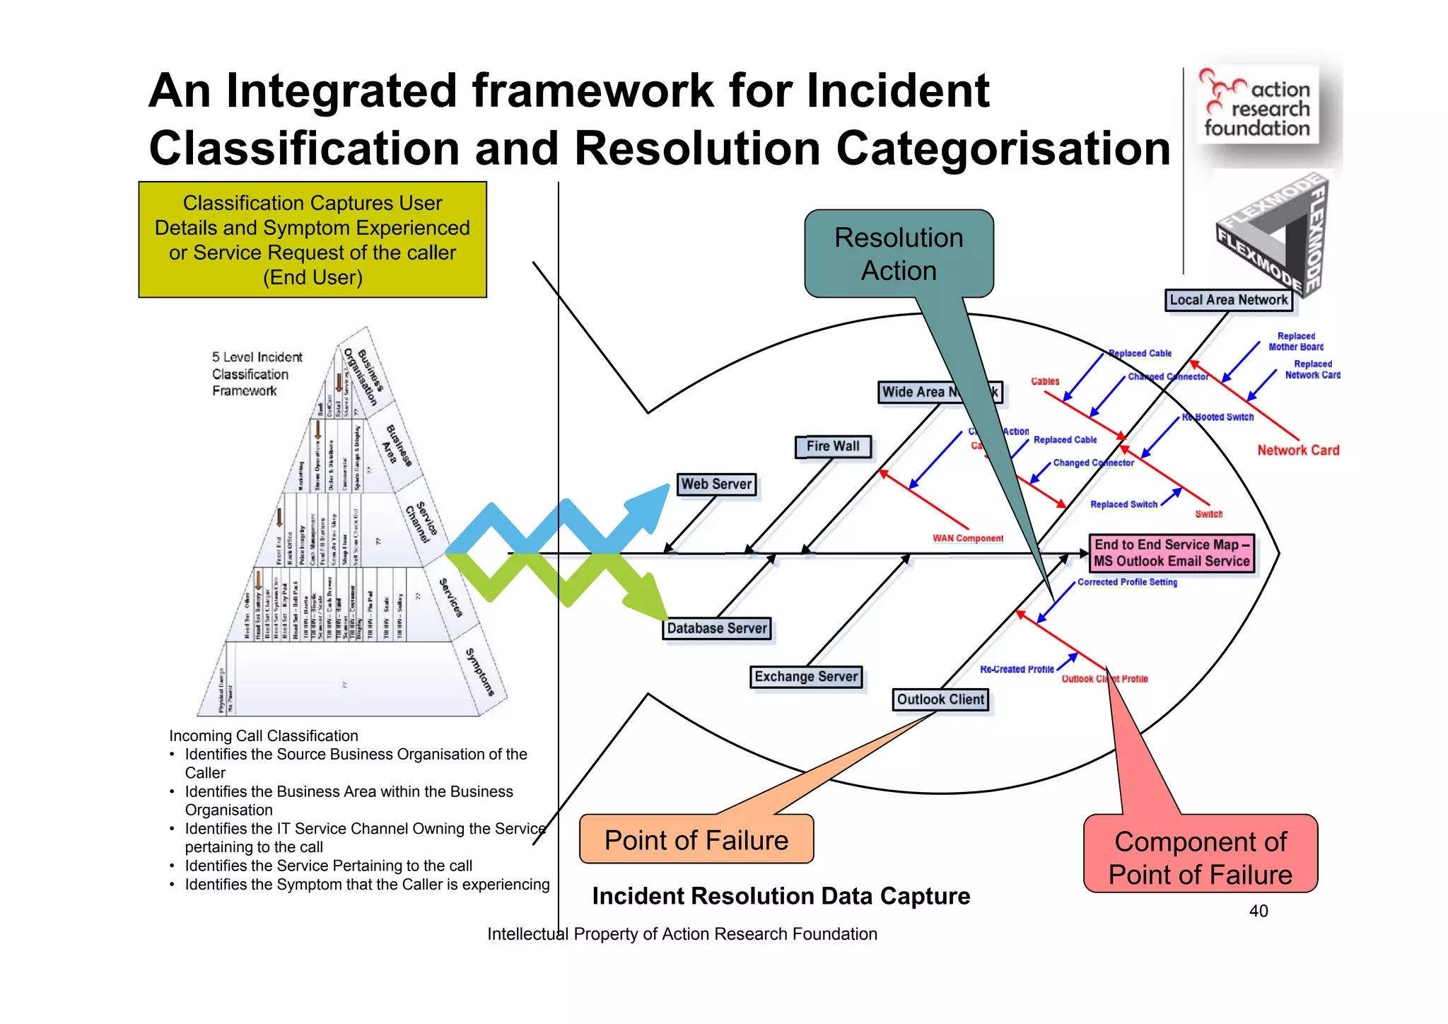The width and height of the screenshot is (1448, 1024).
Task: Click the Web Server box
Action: click(x=716, y=484)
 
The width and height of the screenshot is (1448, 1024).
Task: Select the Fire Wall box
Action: click(x=833, y=446)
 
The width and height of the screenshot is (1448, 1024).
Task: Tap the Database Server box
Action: click(x=716, y=629)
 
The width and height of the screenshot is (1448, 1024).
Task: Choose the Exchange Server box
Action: click(x=806, y=677)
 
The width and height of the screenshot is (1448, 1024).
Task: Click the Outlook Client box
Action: click(x=940, y=700)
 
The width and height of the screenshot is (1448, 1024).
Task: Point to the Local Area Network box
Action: click(x=1228, y=300)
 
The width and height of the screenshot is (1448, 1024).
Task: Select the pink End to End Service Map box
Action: click(x=1172, y=553)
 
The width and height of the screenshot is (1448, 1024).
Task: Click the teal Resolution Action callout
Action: click(x=899, y=254)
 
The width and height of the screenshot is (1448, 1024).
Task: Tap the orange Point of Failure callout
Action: click(x=696, y=839)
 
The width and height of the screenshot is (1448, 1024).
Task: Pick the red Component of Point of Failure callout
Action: click(x=1200, y=857)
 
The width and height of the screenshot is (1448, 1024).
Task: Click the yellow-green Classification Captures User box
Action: click(x=313, y=240)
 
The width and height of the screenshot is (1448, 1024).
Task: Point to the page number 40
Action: click(x=1259, y=911)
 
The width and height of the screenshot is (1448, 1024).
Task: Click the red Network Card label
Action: click(x=1298, y=450)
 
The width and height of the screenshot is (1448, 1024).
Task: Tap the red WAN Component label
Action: click(x=967, y=538)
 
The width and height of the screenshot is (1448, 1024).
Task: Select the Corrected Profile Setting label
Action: click(x=1127, y=582)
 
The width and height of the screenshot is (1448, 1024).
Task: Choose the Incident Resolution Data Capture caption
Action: click(x=781, y=896)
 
